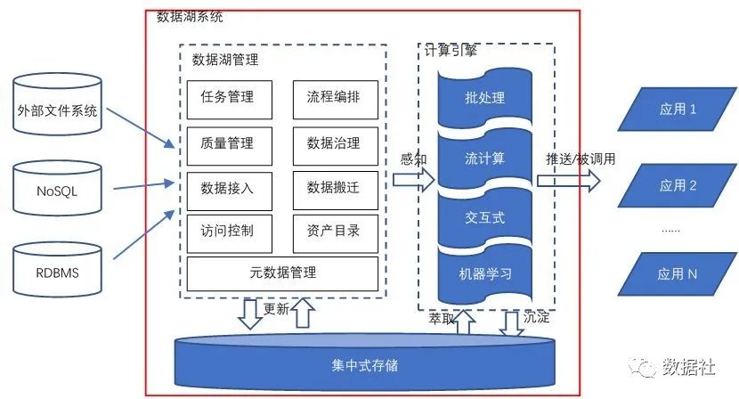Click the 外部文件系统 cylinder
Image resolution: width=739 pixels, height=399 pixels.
coord(57,111)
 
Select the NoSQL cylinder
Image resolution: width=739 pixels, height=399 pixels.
coord(57,190)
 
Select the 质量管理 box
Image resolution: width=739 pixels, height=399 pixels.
coord(227,142)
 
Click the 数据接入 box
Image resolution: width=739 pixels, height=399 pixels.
coord(227,187)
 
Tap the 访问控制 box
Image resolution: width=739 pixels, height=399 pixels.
coord(227,231)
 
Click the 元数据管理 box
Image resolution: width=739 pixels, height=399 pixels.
coord(280,273)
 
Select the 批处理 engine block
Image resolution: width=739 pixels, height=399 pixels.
coord(484,97)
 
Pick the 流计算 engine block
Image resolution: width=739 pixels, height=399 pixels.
coord(484,159)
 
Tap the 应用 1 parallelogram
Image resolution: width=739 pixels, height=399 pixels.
coord(678,110)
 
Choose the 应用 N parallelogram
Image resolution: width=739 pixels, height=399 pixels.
coord(678,274)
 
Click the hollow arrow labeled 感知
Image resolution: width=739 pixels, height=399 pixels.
coord(412,180)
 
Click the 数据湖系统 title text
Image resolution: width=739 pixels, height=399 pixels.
coord(190,17)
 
